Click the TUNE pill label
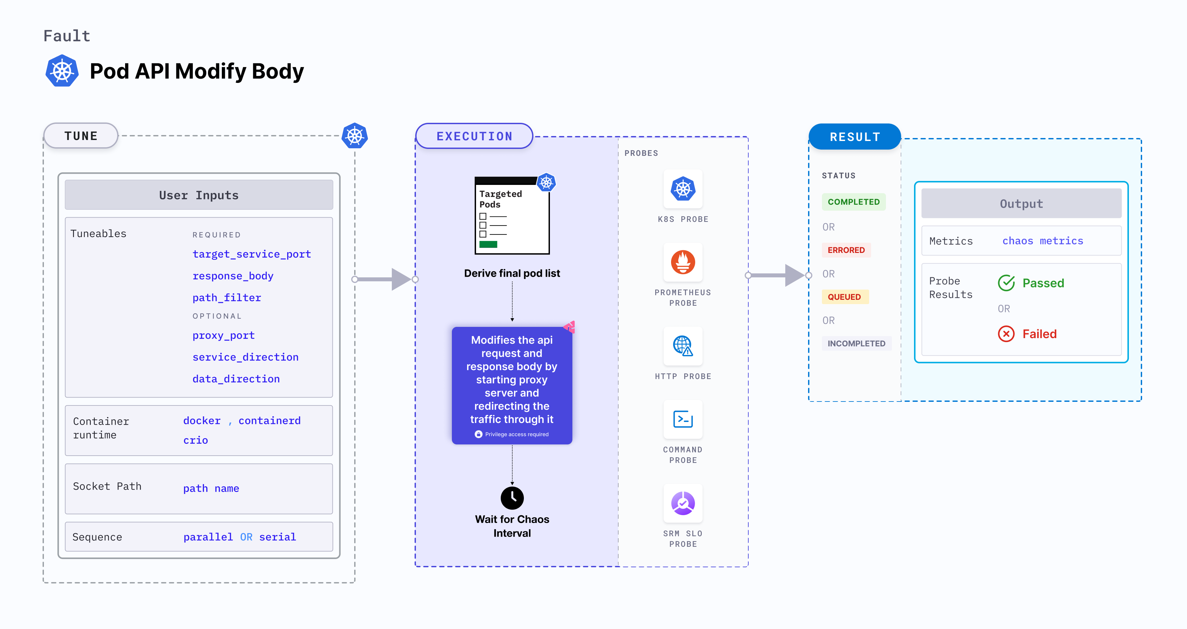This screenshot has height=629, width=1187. [81, 136]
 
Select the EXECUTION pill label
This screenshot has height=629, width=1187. [474, 136]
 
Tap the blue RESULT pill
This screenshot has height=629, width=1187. [855, 137]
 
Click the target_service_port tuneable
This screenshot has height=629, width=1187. [252, 254]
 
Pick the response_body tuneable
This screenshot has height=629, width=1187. [233, 276]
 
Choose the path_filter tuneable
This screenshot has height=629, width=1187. [227, 298]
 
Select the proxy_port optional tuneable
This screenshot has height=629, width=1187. [223, 335]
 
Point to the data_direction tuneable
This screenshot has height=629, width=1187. [236, 379]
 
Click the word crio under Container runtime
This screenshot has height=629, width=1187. [195, 440]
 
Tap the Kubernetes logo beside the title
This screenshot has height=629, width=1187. [62, 71]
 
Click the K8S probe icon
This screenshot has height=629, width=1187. [683, 189]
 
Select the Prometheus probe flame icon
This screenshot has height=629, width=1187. [683, 262]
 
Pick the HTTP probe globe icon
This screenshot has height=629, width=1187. [683, 346]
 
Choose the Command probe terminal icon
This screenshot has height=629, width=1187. [683, 419]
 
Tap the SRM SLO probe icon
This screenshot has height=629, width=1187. [683, 503]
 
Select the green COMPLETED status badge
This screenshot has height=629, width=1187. [853, 202]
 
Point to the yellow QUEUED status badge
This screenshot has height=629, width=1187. [844, 297]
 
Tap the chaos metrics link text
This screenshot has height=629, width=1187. [1042, 241]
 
